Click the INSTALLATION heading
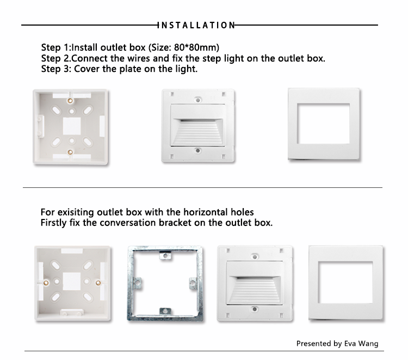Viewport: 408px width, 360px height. coord(196,25)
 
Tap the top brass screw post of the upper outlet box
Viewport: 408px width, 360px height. coord(71,101)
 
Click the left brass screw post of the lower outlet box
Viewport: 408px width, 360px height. coord(47,283)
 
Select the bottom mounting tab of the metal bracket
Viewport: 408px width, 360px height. coord(164,312)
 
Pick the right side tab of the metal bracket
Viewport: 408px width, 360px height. coord(194,283)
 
